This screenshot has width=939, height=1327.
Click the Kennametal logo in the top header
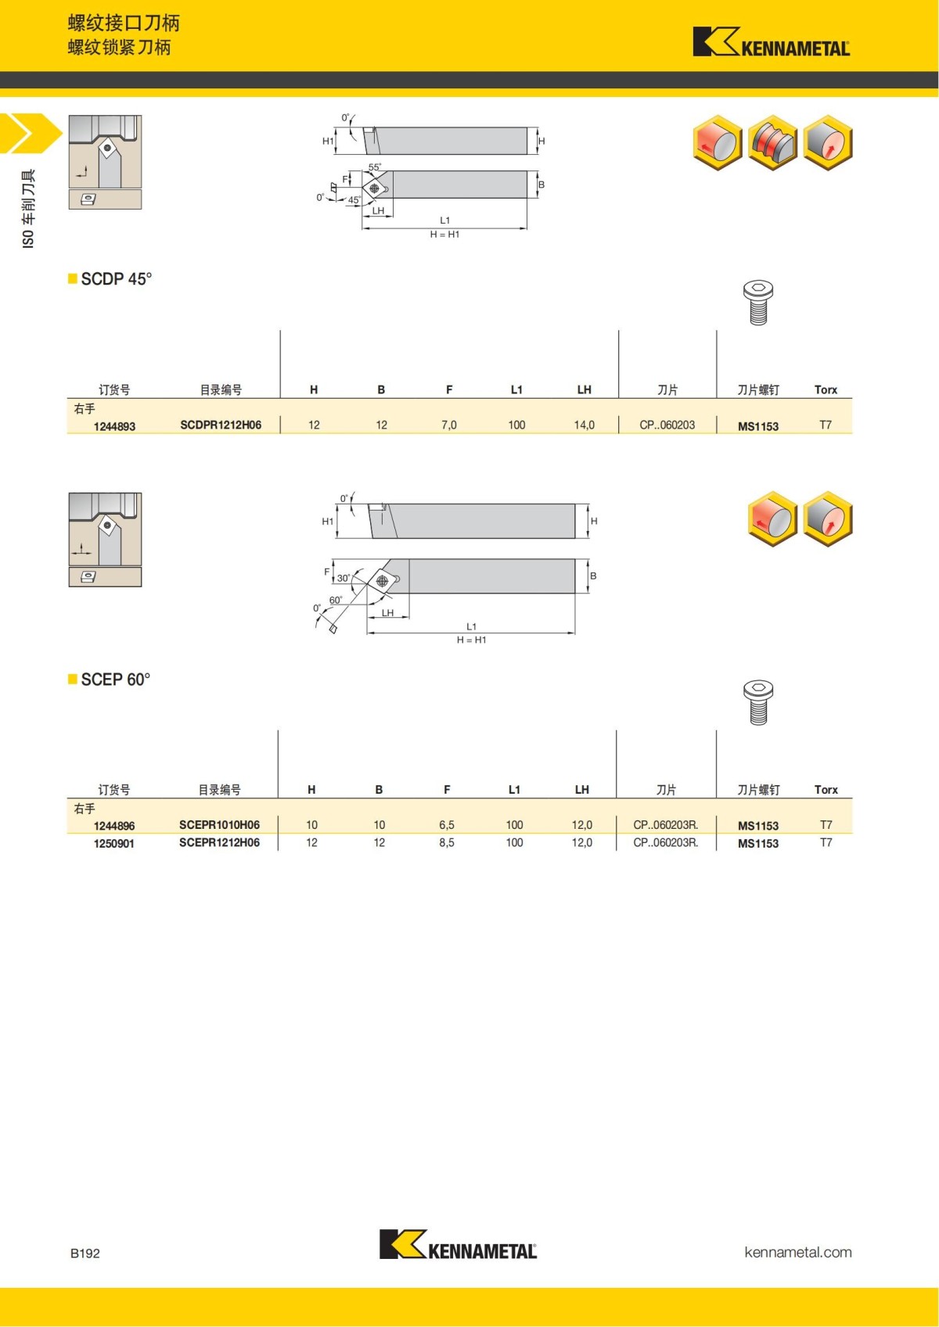pos(771,42)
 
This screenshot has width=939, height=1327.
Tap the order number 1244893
pos(114,426)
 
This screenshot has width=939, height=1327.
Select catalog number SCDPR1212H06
pos(221,425)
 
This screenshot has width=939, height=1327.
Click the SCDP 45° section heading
pos(116,279)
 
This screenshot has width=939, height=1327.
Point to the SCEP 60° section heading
pos(115,680)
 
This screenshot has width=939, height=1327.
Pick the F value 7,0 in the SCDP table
pos(448,425)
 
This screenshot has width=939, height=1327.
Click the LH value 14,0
pos(584,425)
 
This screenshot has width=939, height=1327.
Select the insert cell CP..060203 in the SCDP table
pos(667,425)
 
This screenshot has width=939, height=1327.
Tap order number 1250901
pos(114,844)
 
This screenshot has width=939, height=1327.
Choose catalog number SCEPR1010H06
pos(219,824)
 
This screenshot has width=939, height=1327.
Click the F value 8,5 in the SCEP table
pos(446,842)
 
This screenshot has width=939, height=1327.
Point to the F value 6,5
pos(446,824)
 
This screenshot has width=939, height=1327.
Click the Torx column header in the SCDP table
pos(826,389)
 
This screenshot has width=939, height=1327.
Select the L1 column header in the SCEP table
pos(514,790)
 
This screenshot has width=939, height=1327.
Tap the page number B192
pos(85,1253)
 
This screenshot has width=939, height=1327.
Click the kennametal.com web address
pos(797,1252)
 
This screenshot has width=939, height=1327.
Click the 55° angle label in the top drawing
pos(375,167)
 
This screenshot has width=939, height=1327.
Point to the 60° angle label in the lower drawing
pos(335,601)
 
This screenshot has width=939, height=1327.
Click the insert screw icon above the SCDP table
pos(757,303)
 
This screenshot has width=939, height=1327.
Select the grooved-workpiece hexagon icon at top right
pos(772,142)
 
